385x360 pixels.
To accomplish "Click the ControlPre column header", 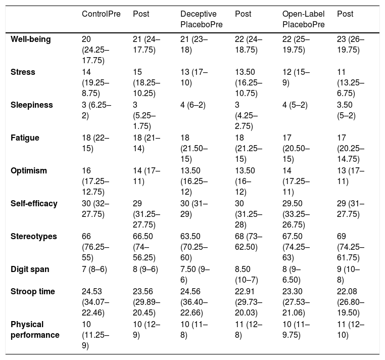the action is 101,14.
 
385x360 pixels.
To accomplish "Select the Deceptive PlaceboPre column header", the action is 201,19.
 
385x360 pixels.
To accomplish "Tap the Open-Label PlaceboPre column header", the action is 304,19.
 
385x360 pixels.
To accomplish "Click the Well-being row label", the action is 31,39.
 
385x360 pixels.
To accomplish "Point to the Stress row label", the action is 23,72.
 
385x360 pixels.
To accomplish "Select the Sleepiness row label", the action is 32,105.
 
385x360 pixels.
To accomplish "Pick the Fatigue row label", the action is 25,138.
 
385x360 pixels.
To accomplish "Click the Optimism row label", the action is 29,170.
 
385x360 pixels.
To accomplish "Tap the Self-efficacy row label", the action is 34,203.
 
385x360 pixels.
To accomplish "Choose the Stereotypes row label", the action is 34,237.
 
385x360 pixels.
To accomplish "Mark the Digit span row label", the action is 30,269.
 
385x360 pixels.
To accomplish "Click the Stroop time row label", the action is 33,291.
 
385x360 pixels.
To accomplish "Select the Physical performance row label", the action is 35,330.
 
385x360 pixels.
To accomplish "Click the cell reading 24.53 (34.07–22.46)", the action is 95,302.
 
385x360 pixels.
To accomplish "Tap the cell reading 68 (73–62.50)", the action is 249,242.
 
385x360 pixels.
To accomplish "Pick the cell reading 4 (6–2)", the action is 193,105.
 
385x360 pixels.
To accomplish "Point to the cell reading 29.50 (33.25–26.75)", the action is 296,214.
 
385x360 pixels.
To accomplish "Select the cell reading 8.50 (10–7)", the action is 247,275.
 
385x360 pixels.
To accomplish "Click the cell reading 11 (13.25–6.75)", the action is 351,83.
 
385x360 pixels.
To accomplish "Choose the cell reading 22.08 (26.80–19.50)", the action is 351,302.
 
